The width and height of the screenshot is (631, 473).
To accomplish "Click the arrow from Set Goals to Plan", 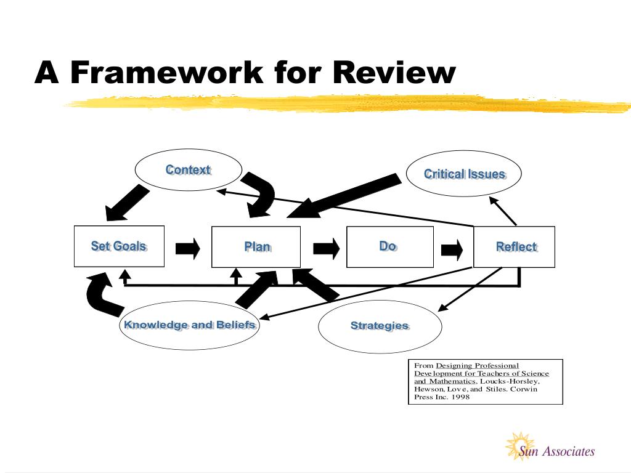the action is click(188, 249).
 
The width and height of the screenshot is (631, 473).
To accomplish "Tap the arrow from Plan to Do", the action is click(327, 249).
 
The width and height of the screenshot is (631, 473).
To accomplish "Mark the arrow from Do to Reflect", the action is click(452, 250).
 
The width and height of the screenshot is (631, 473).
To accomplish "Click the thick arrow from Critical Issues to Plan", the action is click(344, 196).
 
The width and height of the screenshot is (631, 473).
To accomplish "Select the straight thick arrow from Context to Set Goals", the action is click(127, 203).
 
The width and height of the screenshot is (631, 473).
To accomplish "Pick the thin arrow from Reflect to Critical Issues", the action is click(503, 211).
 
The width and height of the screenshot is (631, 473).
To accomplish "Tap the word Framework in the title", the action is click(167, 73).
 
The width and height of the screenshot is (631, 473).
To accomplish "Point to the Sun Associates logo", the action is click(550, 447).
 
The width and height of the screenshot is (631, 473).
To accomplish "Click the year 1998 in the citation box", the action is click(460, 397).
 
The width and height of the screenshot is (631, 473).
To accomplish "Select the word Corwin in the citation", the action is click(524, 389).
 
